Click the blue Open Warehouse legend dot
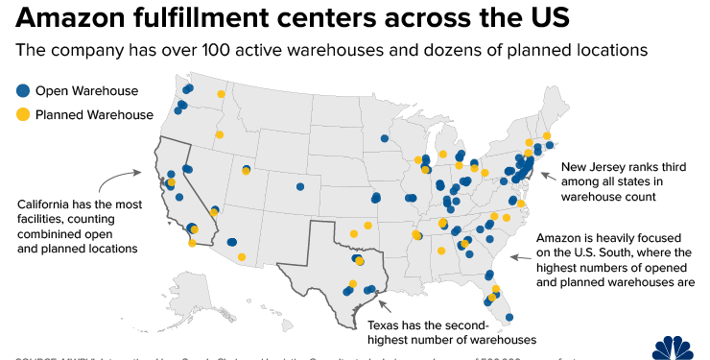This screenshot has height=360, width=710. (22, 91)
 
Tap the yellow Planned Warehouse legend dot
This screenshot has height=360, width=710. (22, 114)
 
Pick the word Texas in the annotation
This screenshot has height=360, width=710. (386, 324)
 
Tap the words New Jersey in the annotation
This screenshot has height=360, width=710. (594, 165)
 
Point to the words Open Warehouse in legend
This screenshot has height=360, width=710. (86, 91)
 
